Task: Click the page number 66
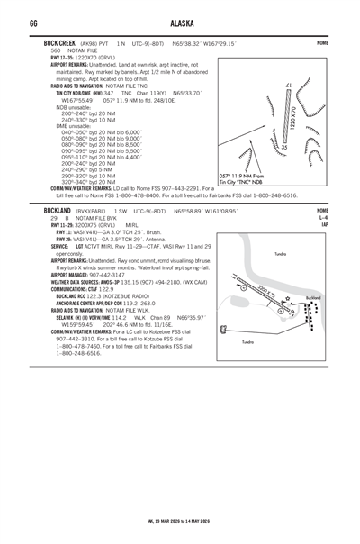(32, 23)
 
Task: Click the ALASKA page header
(180, 23)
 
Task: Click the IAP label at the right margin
(323, 224)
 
